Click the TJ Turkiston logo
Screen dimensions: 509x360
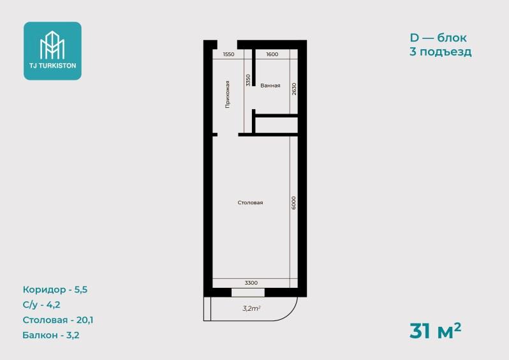(x=52, y=51)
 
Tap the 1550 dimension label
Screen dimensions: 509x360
(x=228, y=54)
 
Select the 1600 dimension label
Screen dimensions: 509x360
(x=272, y=54)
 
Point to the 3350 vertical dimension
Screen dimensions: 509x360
(x=248, y=80)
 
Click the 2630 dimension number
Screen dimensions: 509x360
(x=294, y=89)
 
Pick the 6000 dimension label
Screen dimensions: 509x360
(x=293, y=203)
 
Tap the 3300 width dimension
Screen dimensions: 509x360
(x=251, y=283)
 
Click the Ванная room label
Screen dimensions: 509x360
(x=270, y=86)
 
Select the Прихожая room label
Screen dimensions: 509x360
(x=228, y=94)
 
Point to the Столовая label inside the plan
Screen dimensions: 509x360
(x=250, y=203)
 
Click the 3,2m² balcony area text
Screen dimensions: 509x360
(x=251, y=308)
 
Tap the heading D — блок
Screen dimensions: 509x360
(x=438, y=38)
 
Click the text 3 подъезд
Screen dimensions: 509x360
(x=441, y=52)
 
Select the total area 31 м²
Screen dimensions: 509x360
(x=435, y=331)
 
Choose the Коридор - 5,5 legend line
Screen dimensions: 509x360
(x=55, y=290)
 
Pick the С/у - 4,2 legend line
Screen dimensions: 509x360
(x=41, y=304)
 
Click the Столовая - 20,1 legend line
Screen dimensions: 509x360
(x=58, y=320)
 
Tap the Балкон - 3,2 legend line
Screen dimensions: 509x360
(x=51, y=335)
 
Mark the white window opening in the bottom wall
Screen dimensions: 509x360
(x=248, y=292)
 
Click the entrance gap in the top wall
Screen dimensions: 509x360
(x=227, y=45)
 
